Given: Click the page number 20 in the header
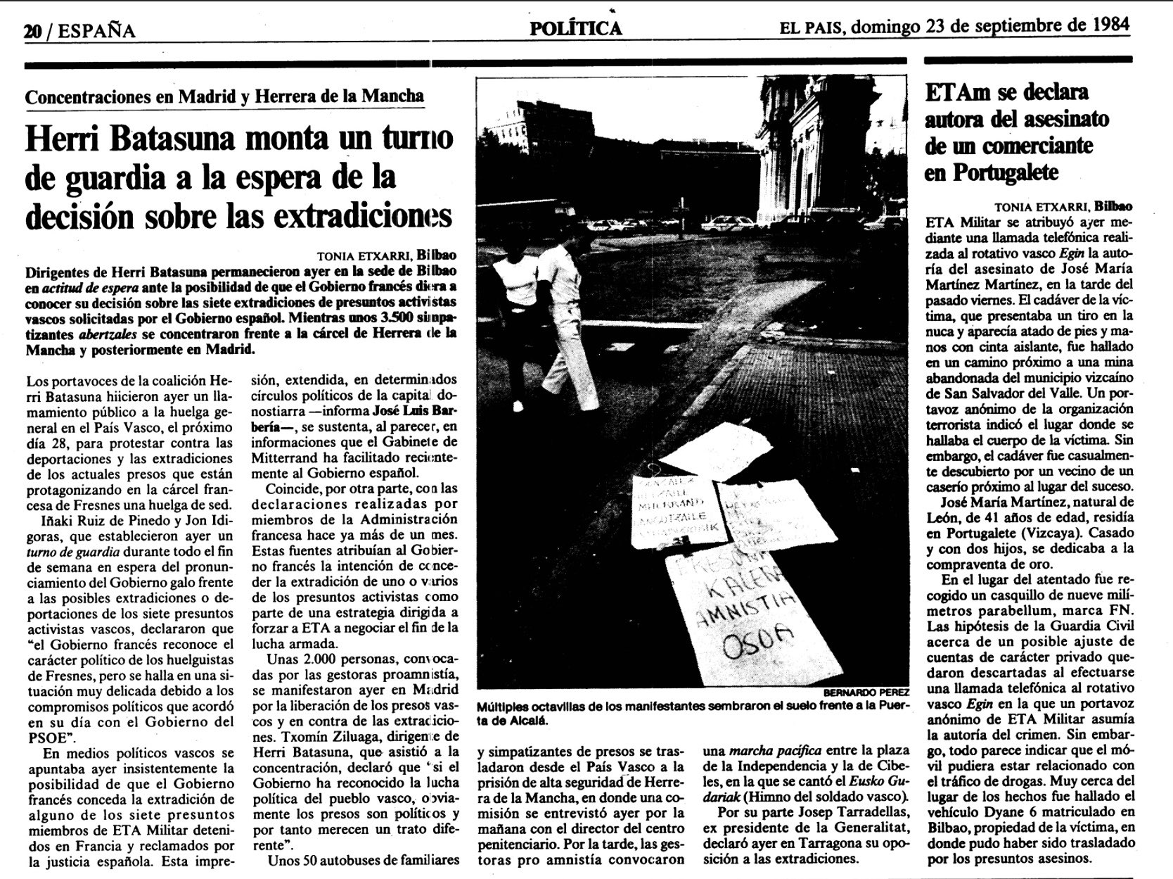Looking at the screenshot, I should pos(32,32).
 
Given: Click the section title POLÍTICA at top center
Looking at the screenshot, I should pos(575,28).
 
